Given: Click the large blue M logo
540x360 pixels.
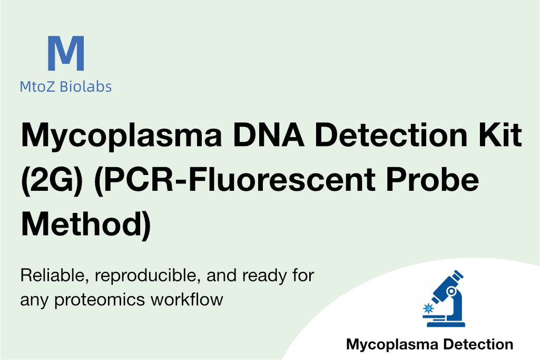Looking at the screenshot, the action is (66, 53).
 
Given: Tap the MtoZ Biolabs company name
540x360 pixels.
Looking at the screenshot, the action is (65, 86).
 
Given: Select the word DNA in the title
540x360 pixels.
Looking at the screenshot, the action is (269, 134).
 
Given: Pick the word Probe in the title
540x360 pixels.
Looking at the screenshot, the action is (432, 179).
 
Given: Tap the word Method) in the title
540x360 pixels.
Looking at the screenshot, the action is (86, 224).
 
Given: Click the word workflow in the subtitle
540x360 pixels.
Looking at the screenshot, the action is (187, 299).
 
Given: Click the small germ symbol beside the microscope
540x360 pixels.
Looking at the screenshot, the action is (428, 308).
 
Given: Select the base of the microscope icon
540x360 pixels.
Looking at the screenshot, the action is (446, 324).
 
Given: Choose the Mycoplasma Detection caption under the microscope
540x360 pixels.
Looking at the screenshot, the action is (429, 345).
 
